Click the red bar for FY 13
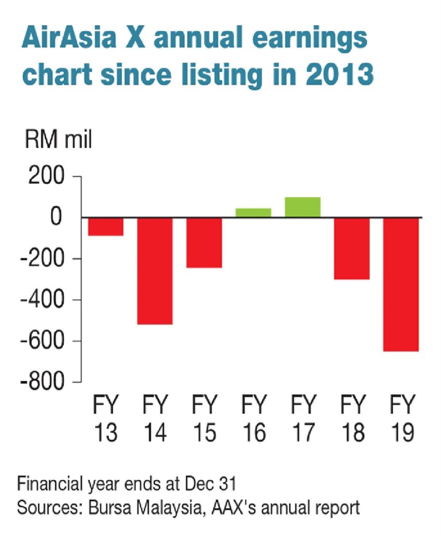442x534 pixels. (x=105, y=227)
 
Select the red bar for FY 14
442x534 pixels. (x=154, y=271)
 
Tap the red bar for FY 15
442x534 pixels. (x=204, y=242)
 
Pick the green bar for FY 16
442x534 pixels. (x=254, y=212)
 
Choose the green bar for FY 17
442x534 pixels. (x=303, y=207)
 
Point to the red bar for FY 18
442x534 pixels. (x=352, y=248)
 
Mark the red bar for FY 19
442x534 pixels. (x=401, y=284)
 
